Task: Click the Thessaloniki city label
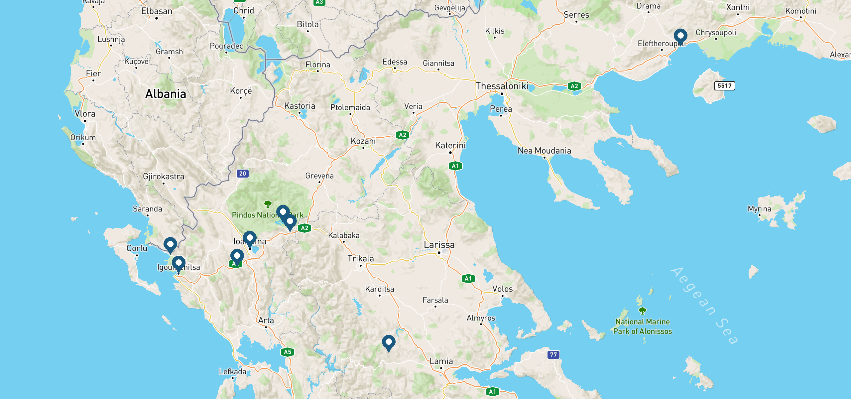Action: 502,86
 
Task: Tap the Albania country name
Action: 166,94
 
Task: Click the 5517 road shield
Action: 724,86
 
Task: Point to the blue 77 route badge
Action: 553,354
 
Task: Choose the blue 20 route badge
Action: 243,173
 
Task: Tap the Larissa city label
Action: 439,245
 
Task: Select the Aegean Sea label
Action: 704,305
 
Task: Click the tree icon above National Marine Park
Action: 642,311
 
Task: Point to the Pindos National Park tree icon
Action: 268,204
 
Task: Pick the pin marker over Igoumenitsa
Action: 179,264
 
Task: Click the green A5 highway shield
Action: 288,352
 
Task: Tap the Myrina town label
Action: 759,209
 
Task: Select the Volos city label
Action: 502,289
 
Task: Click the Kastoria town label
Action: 300,106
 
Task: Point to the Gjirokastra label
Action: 164,177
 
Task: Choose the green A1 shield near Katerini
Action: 455,166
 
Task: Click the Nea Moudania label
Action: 544,151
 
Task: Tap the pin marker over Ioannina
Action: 250,238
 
